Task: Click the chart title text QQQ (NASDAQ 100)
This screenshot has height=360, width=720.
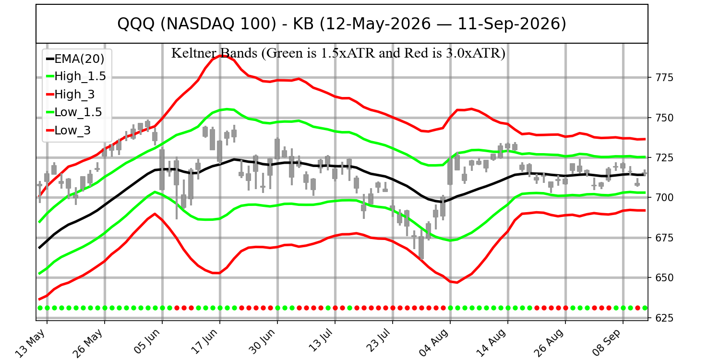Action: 197,24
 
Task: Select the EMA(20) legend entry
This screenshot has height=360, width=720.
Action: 75,59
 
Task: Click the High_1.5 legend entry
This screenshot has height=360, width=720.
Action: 76,76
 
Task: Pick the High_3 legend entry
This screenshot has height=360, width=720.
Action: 71,94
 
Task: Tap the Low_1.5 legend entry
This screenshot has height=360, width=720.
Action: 74,112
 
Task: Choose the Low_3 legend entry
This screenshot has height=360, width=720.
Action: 69,130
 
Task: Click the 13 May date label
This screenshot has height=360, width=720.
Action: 31,343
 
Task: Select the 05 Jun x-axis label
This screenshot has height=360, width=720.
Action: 147,343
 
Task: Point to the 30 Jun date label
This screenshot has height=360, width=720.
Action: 263,343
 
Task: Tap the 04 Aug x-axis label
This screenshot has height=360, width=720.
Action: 434,343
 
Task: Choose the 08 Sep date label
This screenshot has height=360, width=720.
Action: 608,343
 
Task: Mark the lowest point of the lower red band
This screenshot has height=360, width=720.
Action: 457,283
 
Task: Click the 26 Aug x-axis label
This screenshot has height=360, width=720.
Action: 550,343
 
